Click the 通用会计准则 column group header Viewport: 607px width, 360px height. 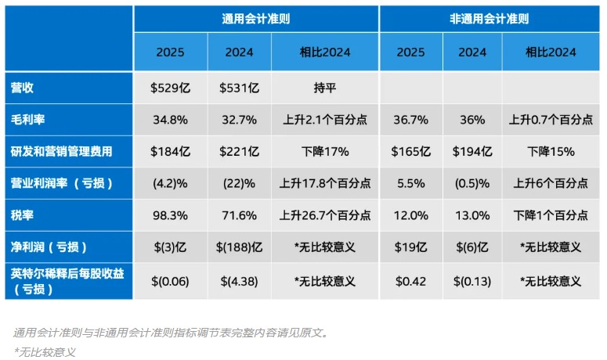point(255,17)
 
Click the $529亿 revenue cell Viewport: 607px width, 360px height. point(170,88)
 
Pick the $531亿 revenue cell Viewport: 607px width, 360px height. point(239,88)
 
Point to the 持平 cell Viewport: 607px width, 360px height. point(325,88)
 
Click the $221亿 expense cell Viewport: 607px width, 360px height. point(239,151)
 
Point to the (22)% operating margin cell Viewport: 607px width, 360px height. point(239,183)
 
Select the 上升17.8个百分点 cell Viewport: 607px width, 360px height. point(325,183)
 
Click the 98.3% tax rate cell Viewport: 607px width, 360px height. point(170,214)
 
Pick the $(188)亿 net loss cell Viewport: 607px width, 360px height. point(239,247)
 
